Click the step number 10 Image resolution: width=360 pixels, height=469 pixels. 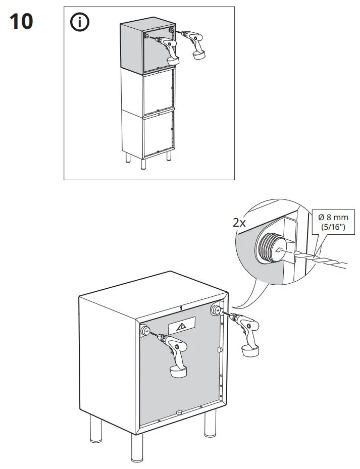[x=21, y=22]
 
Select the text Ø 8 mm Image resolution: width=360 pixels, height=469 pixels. [x=334, y=218]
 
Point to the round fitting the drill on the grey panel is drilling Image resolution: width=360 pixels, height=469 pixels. [x=145, y=331]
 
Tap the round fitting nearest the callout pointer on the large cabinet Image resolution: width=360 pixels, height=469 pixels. [x=216, y=310]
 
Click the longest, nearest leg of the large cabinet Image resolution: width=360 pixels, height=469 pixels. [x=136, y=447]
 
